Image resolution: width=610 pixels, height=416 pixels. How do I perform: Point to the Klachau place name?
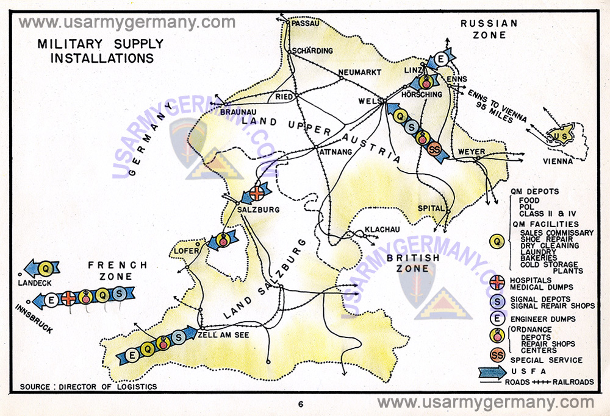(x=382, y=230)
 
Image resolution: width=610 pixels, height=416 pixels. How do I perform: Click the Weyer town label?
(x=471, y=151)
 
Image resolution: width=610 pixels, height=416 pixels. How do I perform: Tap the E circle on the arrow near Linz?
(x=440, y=59)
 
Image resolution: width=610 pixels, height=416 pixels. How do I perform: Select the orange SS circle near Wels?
(x=434, y=149)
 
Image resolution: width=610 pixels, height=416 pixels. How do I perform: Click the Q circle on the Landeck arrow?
(x=45, y=267)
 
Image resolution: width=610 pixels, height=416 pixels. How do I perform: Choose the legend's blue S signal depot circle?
(x=498, y=301)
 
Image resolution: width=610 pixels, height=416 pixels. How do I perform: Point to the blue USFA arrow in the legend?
(x=498, y=370)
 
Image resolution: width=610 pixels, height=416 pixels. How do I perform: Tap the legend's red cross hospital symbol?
(x=498, y=282)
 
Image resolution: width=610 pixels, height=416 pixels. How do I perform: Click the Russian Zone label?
(x=489, y=29)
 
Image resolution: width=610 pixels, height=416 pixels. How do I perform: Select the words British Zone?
(x=412, y=263)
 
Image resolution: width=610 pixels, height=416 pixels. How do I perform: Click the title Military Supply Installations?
(x=101, y=51)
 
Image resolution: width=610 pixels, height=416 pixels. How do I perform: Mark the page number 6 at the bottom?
(x=301, y=404)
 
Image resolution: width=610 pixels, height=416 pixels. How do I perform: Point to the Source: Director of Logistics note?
(x=88, y=387)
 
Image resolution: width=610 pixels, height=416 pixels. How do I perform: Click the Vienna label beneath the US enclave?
(x=559, y=161)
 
